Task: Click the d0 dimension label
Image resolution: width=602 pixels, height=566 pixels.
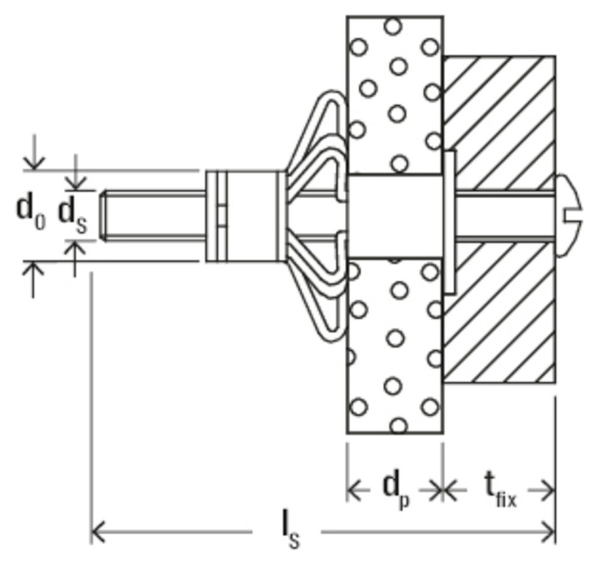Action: [29, 211]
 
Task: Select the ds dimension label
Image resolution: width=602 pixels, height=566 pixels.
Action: [73, 215]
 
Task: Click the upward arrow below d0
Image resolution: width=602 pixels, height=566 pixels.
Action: [35, 274]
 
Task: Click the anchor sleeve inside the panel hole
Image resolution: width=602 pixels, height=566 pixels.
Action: [394, 216]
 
